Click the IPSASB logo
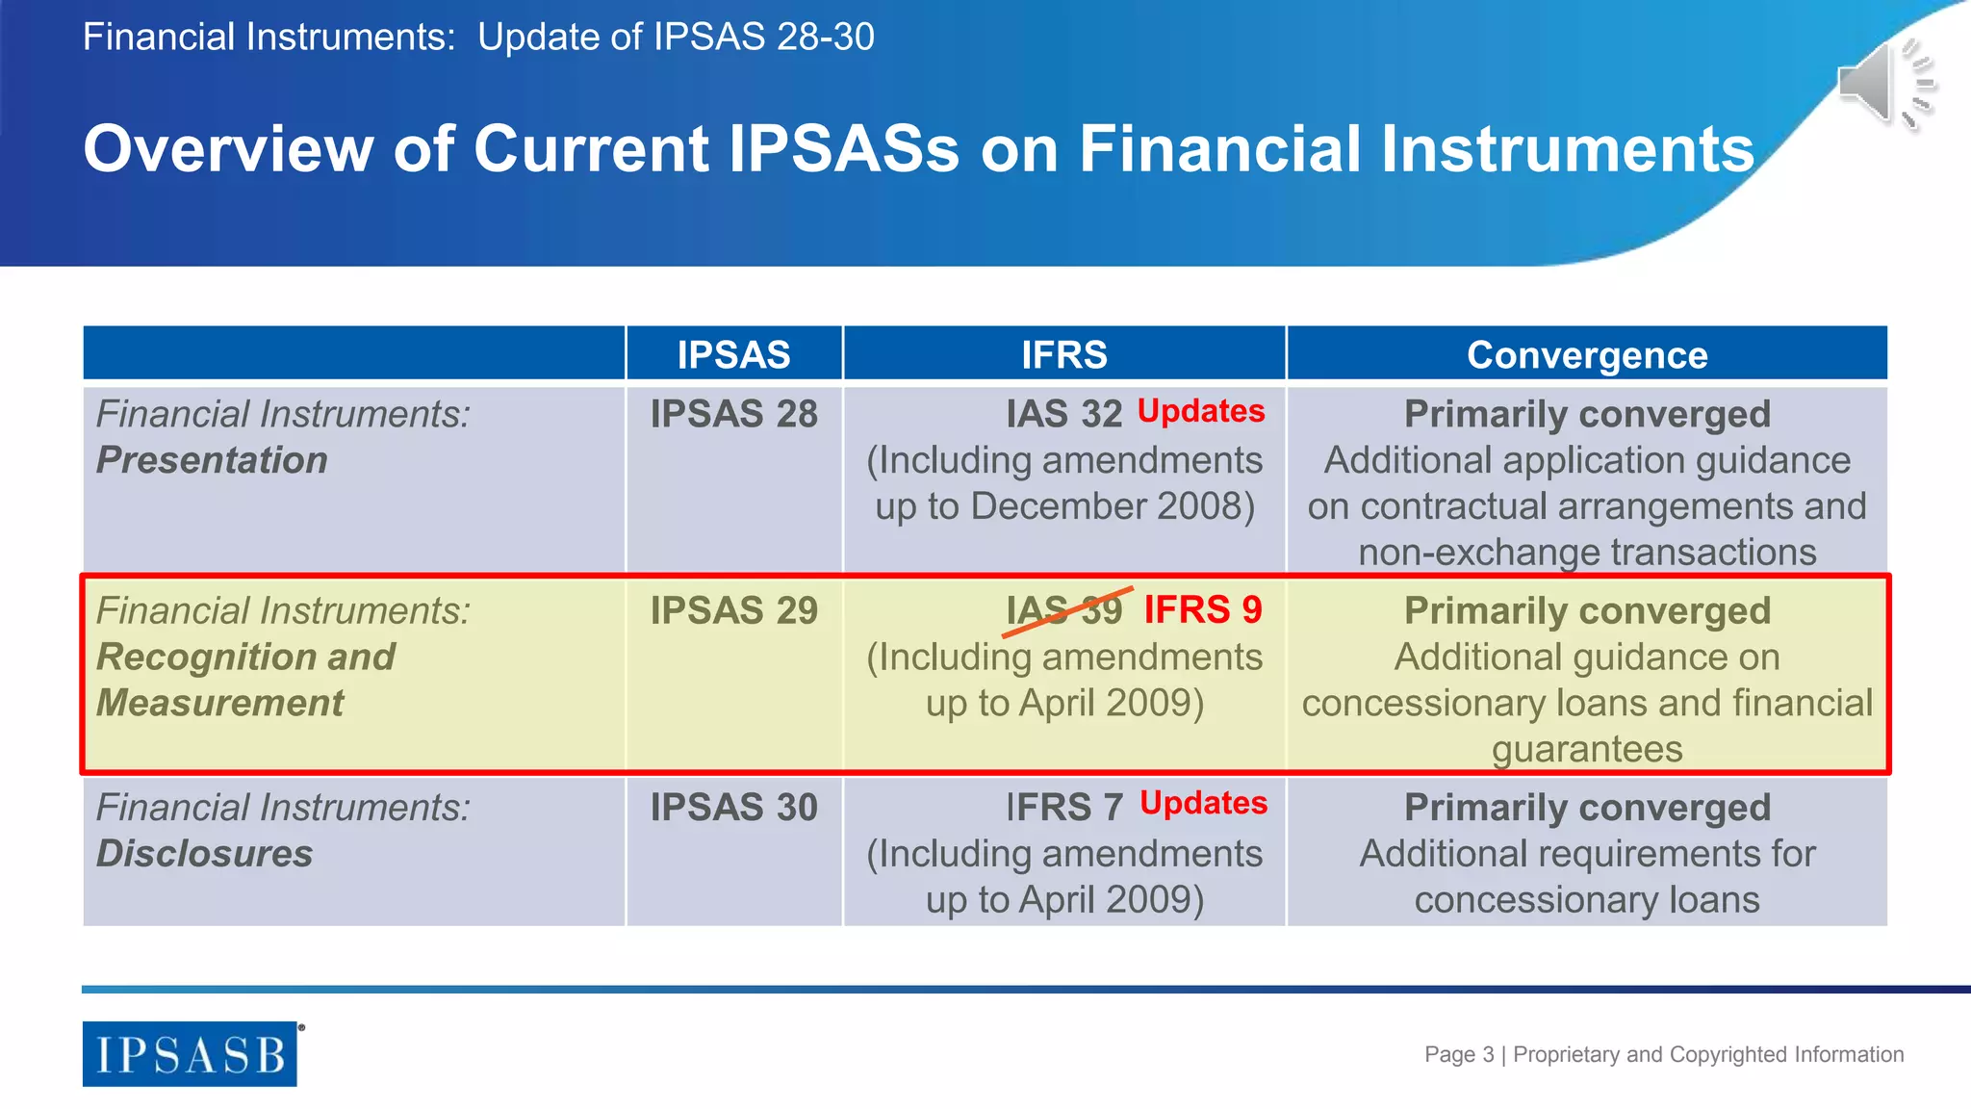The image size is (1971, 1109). click(190, 1054)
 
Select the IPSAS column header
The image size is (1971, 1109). click(733, 354)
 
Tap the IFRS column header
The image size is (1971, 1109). click(1064, 354)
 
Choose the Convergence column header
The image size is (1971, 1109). click(1587, 354)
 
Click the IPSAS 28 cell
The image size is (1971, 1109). click(733, 414)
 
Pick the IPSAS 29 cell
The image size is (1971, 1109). click(733, 610)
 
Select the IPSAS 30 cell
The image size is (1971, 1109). click(733, 807)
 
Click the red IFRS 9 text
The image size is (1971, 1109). click(1203, 609)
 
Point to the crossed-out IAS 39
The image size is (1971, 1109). click(1064, 610)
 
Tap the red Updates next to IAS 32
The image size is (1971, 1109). click(1201, 411)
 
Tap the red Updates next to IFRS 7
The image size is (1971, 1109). click(1203, 803)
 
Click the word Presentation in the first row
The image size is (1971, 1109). click(212, 460)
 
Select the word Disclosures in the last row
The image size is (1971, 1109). click(204, 854)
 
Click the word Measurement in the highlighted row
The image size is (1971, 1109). click(219, 703)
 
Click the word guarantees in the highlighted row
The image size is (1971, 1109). click(1587, 749)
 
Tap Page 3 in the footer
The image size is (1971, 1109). click(1459, 1054)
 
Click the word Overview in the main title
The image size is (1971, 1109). click(228, 149)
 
